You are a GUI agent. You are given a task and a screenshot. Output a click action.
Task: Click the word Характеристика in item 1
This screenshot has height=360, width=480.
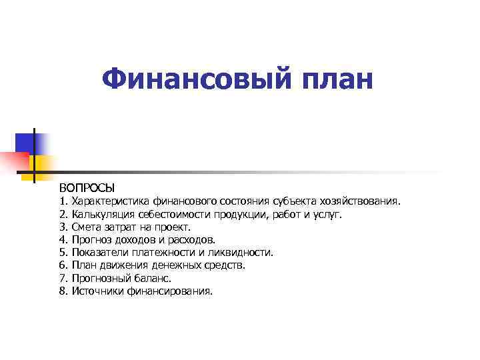point(111,201)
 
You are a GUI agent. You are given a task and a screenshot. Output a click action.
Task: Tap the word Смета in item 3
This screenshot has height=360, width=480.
point(87,227)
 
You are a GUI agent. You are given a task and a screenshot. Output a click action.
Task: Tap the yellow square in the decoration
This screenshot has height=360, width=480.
point(43,163)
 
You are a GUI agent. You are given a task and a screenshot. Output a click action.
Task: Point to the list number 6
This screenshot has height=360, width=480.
point(63,265)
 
